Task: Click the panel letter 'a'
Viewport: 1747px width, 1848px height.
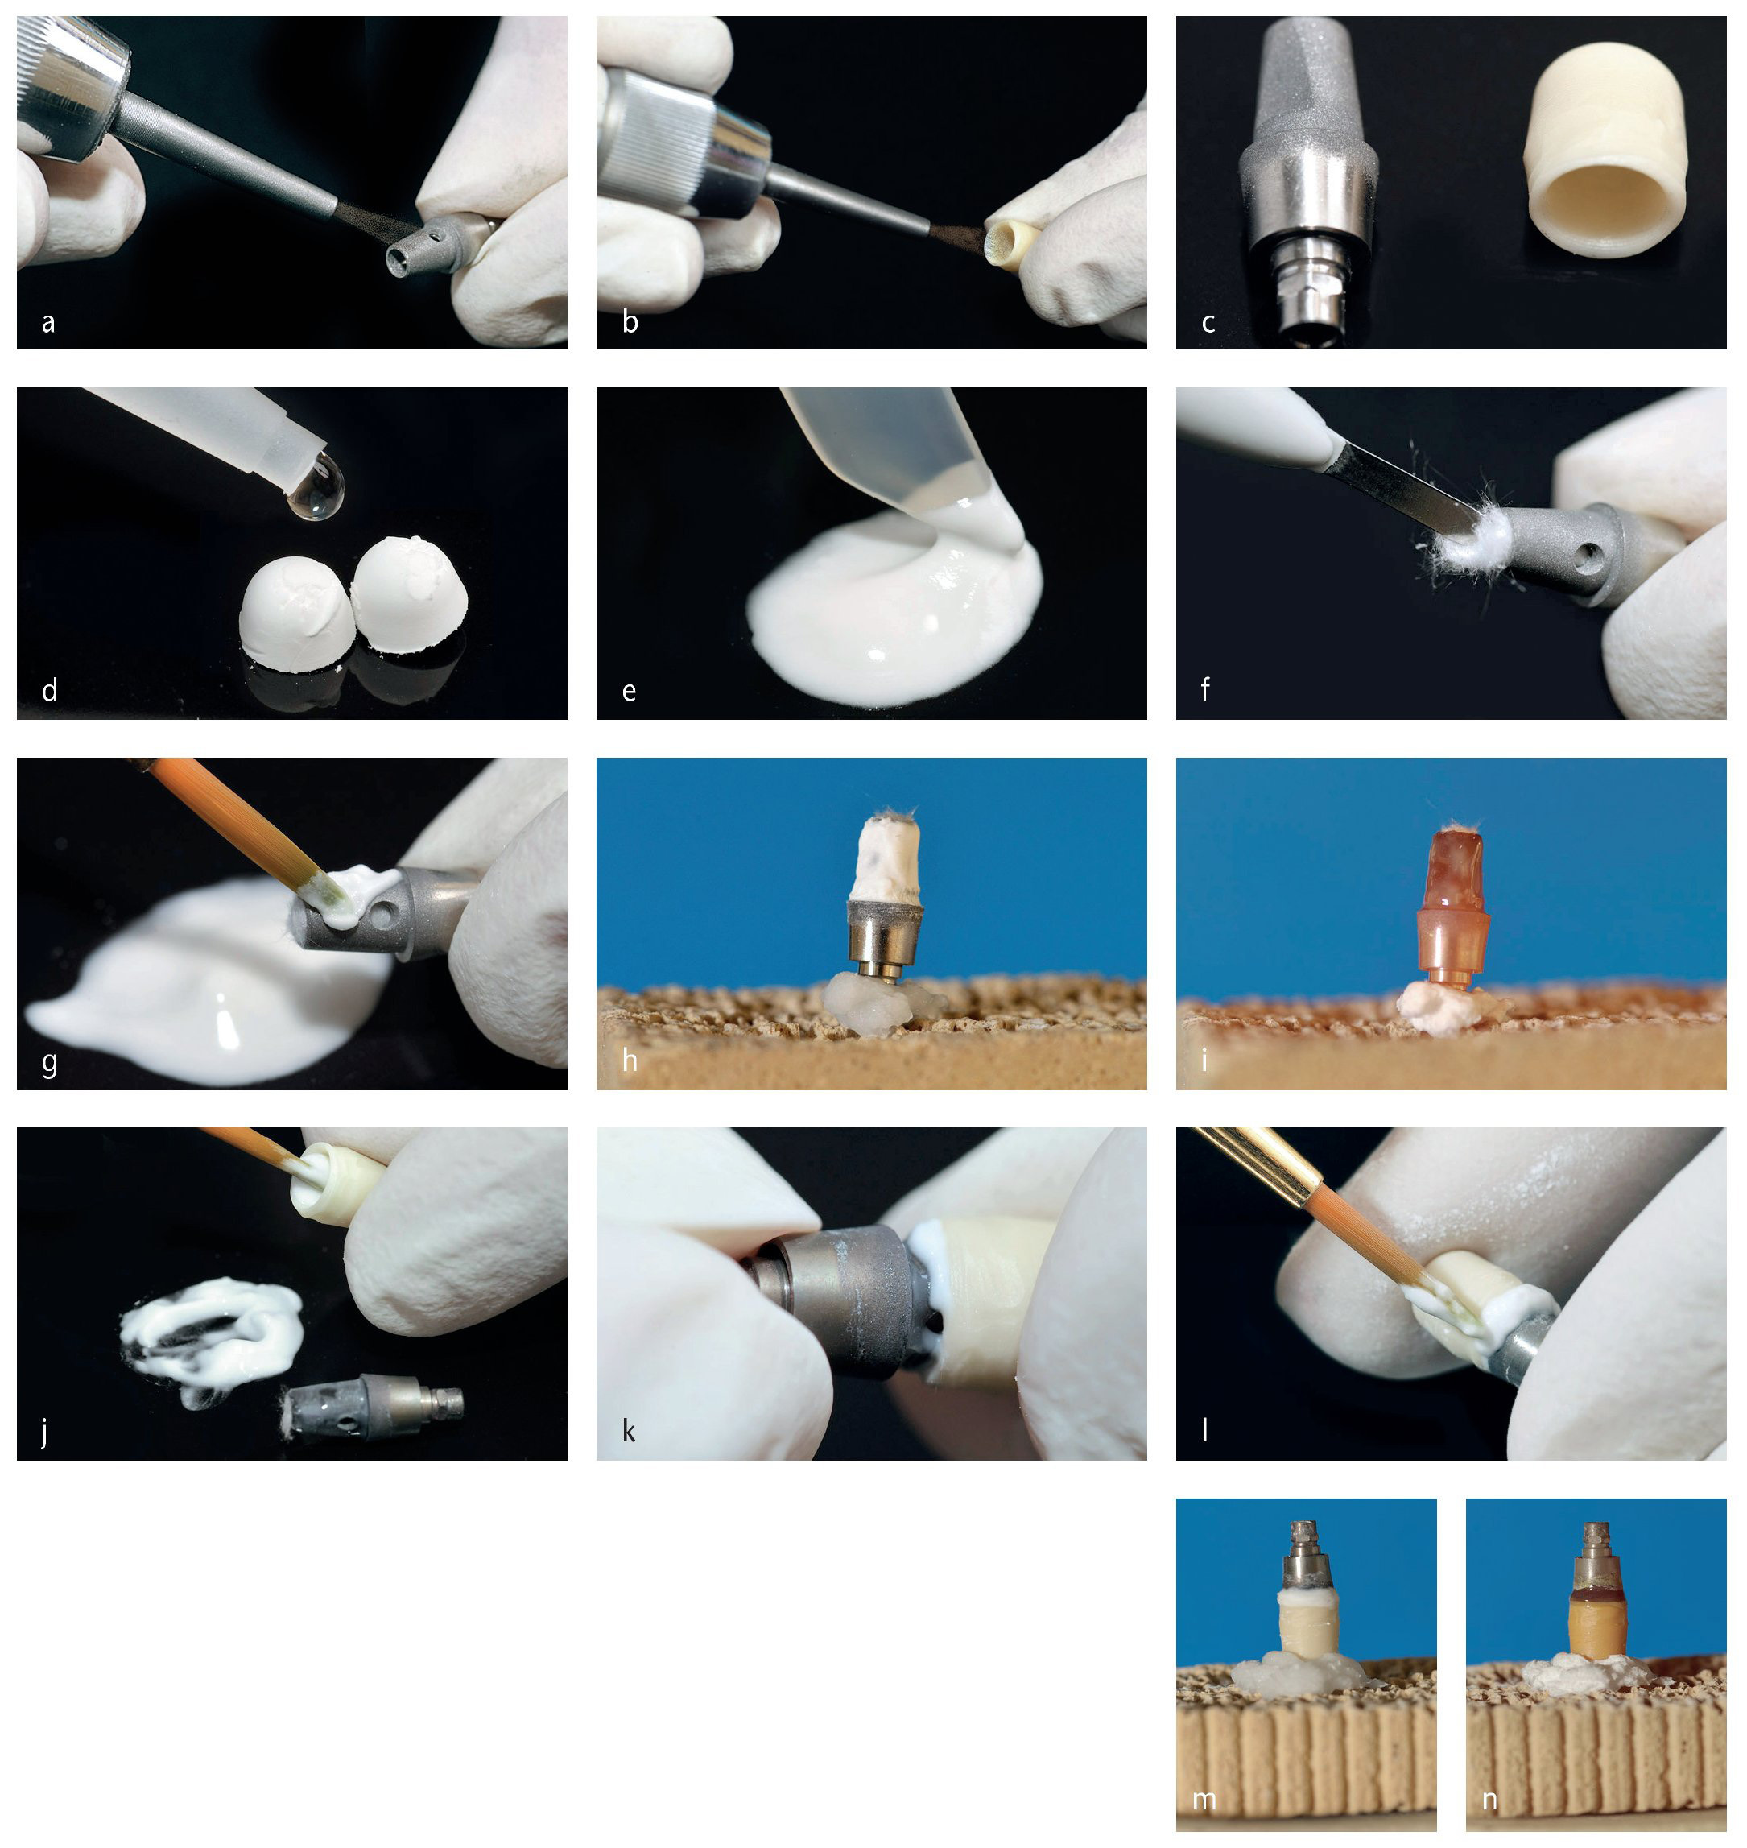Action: point(48,323)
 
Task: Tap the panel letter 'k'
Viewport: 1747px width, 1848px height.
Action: point(629,1431)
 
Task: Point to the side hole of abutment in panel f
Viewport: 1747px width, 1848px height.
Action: point(1590,559)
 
